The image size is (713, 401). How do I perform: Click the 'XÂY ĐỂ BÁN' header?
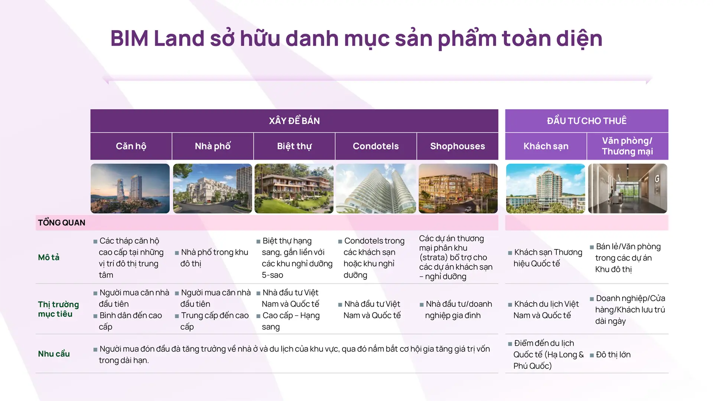(x=294, y=121)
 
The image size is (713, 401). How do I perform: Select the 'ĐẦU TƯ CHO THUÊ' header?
(x=586, y=121)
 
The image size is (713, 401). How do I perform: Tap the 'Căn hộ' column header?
(x=131, y=146)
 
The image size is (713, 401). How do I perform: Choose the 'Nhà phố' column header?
(x=212, y=146)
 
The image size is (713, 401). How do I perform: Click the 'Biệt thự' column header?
(x=294, y=146)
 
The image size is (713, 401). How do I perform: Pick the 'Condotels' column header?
(x=375, y=146)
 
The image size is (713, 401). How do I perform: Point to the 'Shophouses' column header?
(x=457, y=146)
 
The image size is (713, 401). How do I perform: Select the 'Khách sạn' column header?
(x=546, y=146)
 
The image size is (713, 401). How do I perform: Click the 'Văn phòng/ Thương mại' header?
(x=627, y=146)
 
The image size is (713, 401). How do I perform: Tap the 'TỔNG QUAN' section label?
(x=62, y=223)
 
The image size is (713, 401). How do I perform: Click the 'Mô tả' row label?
(x=49, y=257)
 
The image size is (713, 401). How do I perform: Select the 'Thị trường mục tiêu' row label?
(x=58, y=309)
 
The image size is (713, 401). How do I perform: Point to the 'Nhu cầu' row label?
(x=54, y=354)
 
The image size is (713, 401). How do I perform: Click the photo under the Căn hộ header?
(x=130, y=189)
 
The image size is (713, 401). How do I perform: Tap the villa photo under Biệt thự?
(x=294, y=189)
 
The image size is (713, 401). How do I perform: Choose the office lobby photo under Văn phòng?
(x=628, y=189)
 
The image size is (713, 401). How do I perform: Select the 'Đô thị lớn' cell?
(x=613, y=355)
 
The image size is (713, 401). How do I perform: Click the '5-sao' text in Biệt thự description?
(x=273, y=275)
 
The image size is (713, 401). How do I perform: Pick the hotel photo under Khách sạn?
(x=546, y=189)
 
